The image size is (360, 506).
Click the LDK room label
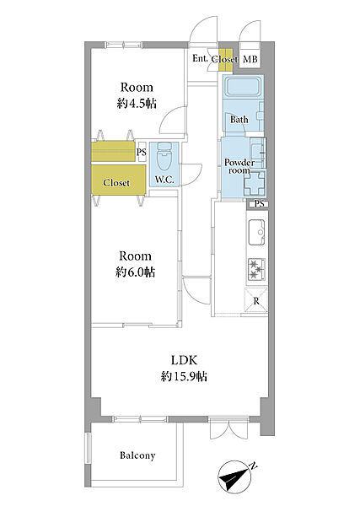[184, 360]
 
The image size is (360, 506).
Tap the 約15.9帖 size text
[184, 376]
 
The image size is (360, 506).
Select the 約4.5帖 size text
[137, 104]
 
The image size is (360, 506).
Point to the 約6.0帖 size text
[135, 272]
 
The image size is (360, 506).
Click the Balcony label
[137, 455]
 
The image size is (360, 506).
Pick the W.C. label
[164, 180]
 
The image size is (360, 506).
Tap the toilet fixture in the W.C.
[164, 157]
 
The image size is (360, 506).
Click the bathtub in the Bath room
[243, 86]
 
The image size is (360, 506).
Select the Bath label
[239, 120]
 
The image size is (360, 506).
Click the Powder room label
[239, 166]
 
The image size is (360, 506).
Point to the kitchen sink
[256, 233]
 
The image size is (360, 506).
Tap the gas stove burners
[257, 268]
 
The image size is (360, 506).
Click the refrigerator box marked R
[256, 301]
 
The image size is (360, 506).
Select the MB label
[250, 59]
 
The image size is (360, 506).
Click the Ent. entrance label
[201, 58]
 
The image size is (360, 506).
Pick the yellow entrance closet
[225, 60]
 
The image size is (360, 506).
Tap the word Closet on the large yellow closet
[116, 183]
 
